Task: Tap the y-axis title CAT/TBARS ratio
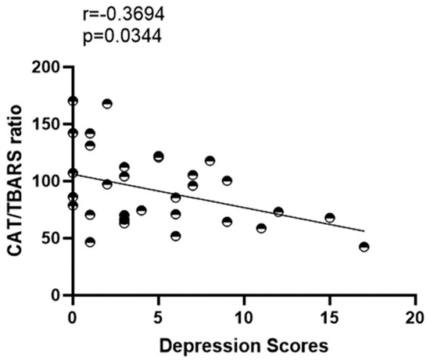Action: (16, 181)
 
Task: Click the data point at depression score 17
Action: (364, 247)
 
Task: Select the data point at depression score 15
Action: (330, 218)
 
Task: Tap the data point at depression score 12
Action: (278, 212)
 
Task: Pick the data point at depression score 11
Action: (261, 228)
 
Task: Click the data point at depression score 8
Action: (210, 161)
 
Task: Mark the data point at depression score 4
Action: (142, 210)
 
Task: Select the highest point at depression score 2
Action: (107, 104)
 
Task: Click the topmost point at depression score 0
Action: (73, 101)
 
